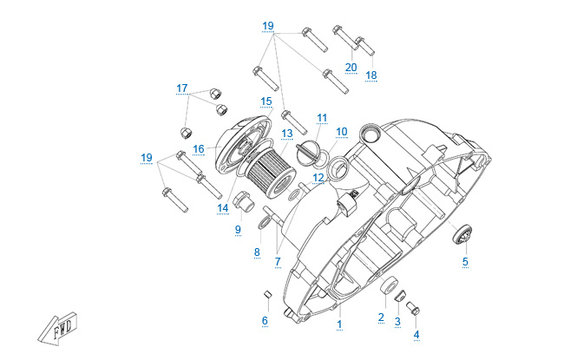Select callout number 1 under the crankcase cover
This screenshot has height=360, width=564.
click(x=339, y=324)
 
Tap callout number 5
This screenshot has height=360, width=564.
click(x=464, y=261)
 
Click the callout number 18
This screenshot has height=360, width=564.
click(x=371, y=75)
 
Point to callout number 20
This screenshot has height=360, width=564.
click(x=351, y=68)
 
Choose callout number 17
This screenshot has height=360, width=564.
click(x=181, y=88)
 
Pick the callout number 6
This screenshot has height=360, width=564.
click(x=265, y=321)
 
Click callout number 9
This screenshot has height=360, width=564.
click(x=237, y=230)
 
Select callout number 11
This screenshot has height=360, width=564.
click(x=322, y=118)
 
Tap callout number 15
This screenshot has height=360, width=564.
click(x=266, y=101)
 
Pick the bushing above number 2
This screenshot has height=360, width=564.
click(x=392, y=285)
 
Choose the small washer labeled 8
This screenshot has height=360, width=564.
click(x=261, y=228)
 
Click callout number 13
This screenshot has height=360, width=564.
click(x=287, y=134)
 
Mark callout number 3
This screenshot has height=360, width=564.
click(x=397, y=322)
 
